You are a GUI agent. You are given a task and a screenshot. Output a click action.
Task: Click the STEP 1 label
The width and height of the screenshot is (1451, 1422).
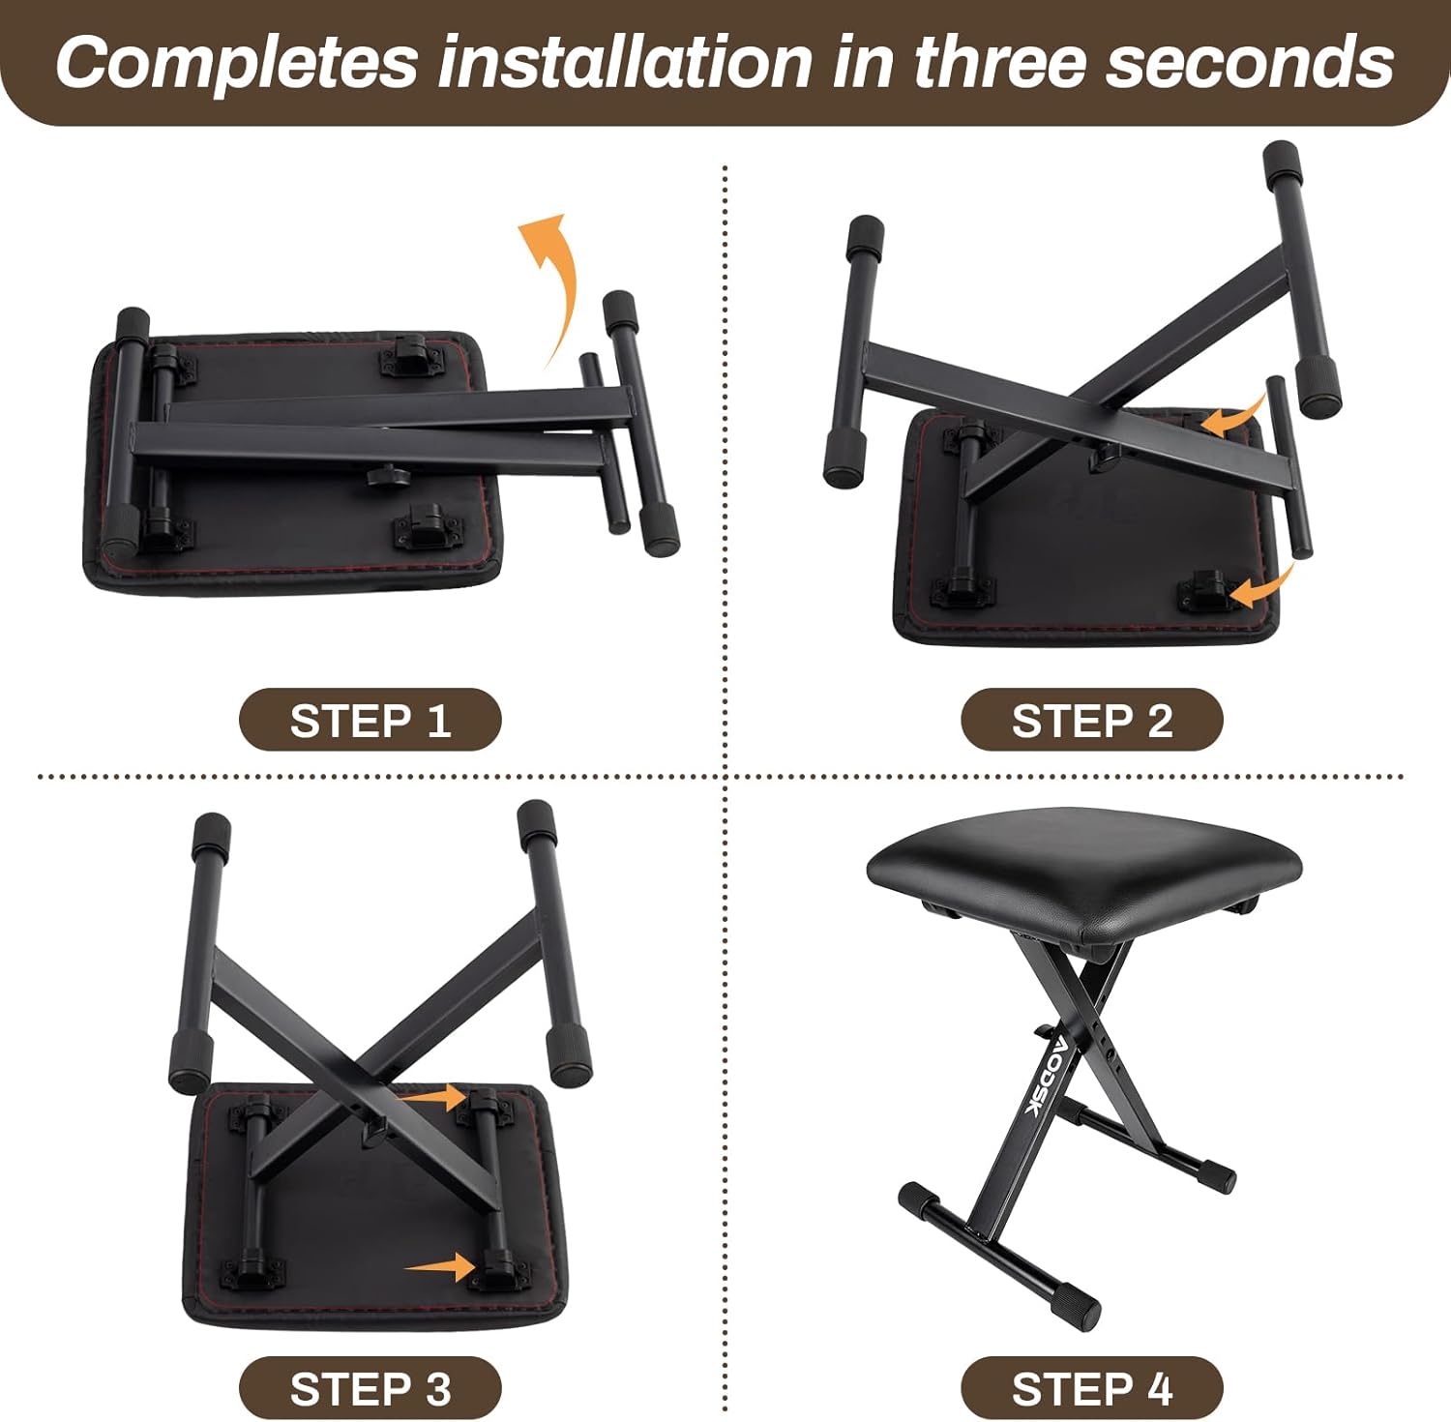tap(370, 720)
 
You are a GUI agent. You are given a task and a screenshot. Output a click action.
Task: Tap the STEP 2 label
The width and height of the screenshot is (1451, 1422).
tap(1091, 720)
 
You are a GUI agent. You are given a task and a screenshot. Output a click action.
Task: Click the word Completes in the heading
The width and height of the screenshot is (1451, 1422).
tap(236, 62)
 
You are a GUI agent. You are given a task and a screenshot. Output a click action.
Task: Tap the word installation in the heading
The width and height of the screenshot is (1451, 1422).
tap(625, 62)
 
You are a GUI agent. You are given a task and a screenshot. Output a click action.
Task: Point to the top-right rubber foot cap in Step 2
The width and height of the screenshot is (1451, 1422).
tap(1284, 161)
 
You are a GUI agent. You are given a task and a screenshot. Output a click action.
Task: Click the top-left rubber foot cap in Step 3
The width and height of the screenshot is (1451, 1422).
tap(212, 832)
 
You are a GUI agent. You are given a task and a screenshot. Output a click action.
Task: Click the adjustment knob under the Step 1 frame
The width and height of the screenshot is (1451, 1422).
tap(384, 474)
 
